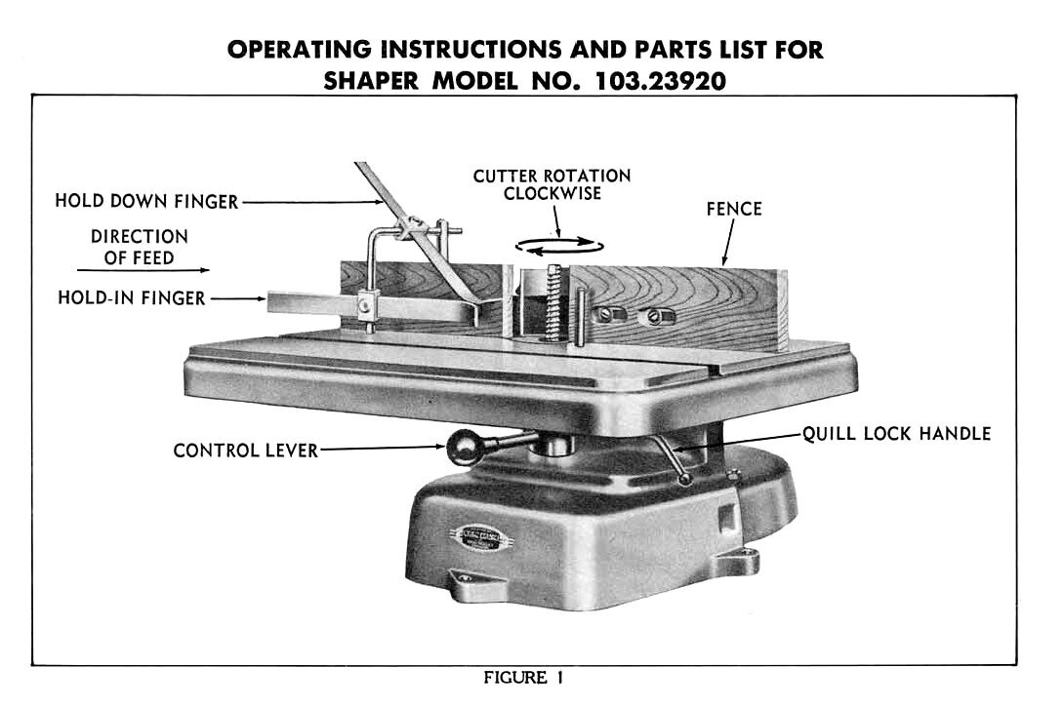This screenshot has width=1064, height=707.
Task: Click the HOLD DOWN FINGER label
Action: pos(146,202)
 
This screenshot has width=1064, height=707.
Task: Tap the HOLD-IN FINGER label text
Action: pos(132,298)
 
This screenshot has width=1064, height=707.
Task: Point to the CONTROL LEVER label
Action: pos(245,451)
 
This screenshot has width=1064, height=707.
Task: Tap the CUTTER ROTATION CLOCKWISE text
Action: pos(552,184)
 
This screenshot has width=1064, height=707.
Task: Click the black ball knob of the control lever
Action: pos(460,450)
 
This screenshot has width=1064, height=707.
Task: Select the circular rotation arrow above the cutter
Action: pos(559,247)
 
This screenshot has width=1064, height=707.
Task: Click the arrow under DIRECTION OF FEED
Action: pos(143,269)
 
